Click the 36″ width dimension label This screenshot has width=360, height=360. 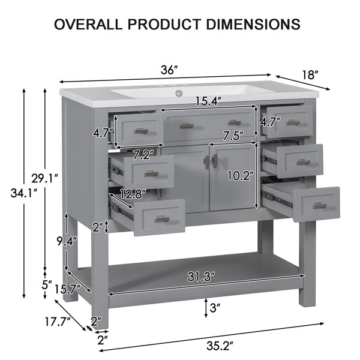[169, 70]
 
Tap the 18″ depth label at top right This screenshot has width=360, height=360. [310, 75]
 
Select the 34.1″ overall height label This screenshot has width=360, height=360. [24, 193]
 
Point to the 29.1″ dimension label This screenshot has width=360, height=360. [44, 178]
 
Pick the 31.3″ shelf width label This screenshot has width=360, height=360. [201, 277]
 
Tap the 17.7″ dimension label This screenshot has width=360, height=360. [58, 322]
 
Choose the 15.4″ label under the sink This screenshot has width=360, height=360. [208, 101]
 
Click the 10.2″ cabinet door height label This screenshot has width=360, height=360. [241, 176]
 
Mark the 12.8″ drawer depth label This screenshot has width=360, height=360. [133, 194]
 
